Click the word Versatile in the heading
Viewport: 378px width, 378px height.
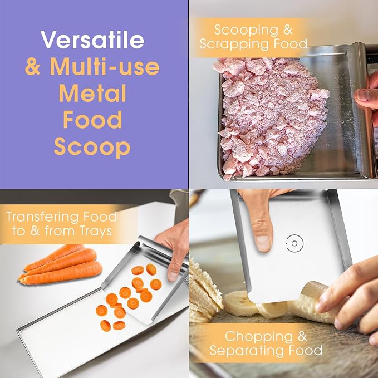(x=92, y=40)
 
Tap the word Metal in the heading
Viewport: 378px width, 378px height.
(x=92, y=93)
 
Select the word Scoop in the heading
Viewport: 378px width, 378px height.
(x=92, y=146)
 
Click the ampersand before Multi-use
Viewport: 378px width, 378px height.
(x=32, y=66)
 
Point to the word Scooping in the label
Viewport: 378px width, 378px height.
(x=246, y=30)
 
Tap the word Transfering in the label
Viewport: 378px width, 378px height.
(x=43, y=217)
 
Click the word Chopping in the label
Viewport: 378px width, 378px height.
(x=259, y=337)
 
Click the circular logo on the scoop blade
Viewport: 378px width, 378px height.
(x=294, y=243)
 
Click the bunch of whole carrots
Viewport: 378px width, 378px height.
(x=61, y=264)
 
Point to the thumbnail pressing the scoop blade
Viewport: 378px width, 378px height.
(x=263, y=243)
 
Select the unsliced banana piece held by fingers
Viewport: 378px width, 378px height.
(x=311, y=302)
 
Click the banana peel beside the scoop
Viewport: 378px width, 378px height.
(x=205, y=289)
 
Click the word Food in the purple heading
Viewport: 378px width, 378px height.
(x=92, y=120)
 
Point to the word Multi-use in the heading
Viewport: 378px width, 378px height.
(x=105, y=66)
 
